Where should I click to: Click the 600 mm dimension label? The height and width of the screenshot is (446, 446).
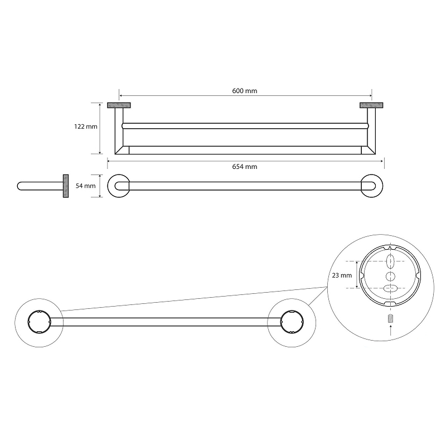point(245,91)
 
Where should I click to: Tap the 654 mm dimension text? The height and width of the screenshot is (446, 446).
point(245,167)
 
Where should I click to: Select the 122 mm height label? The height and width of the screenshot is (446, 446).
point(86,127)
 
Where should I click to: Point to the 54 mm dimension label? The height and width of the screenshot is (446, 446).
point(86,186)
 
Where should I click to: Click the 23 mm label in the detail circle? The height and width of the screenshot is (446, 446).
point(342,275)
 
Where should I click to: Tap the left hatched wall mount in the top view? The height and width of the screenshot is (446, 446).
point(119,105)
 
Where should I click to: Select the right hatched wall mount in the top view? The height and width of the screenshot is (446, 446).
point(371,105)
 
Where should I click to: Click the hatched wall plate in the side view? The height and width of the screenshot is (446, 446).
point(66,186)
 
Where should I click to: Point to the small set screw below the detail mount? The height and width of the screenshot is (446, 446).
point(391,318)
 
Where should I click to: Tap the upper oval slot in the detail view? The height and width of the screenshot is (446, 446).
point(390,261)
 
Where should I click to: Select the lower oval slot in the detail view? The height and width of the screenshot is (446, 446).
point(390,288)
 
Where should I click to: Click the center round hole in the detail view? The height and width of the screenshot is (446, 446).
point(390,276)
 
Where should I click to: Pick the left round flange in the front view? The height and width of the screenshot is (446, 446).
point(119,186)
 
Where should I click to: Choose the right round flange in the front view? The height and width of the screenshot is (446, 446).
point(371,186)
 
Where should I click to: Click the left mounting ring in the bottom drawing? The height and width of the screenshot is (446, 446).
point(39,322)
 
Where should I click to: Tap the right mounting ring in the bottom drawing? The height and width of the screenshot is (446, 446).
point(292,322)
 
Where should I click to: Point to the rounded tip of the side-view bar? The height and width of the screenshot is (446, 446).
point(18,186)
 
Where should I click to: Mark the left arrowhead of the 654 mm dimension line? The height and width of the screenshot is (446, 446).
point(109,161)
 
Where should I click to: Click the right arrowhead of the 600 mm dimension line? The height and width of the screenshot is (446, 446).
point(370,96)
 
